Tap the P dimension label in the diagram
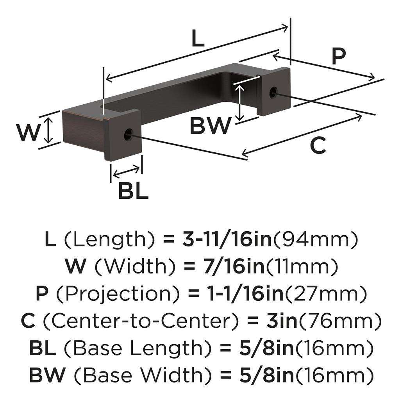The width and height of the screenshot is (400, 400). click(x=338, y=57)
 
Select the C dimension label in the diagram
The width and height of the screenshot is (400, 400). click(x=318, y=146)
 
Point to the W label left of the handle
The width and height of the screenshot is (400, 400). click(x=29, y=133)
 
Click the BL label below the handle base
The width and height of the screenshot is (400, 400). click(x=133, y=191)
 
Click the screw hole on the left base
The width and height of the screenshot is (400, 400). click(x=127, y=135)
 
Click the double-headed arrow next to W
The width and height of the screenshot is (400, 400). click(x=48, y=131)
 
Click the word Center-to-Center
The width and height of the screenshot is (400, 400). click(x=138, y=321)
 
